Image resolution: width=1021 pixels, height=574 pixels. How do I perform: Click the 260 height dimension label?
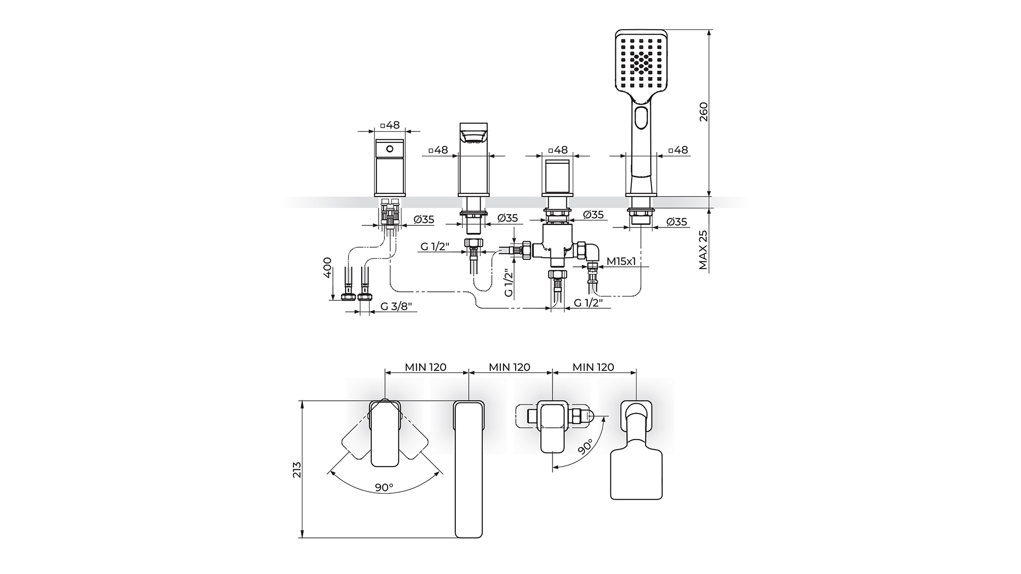pyautogui.click(x=704, y=112)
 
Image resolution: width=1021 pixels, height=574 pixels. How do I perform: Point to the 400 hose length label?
pyautogui.click(x=327, y=267)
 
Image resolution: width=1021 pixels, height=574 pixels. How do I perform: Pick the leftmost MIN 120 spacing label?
pyautogui.click(x=425, y=367)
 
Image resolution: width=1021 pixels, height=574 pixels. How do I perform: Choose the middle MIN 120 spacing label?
pyautogui.click(x=509, y=367)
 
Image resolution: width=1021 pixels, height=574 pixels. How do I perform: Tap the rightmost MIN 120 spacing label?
pyautogui.click(x=593, y=367)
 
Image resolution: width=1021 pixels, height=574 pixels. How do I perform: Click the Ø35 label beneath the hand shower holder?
pyautogui.click(x=676, y=222)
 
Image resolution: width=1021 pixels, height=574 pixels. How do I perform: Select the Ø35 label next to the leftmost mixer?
pyautogui.click(x=424, y=219)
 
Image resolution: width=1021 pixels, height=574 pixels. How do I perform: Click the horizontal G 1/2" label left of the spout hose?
pyautogui.click(x=436, y=247)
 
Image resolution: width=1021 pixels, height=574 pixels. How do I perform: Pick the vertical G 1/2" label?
pyautogui.click(x=509, y=283)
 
